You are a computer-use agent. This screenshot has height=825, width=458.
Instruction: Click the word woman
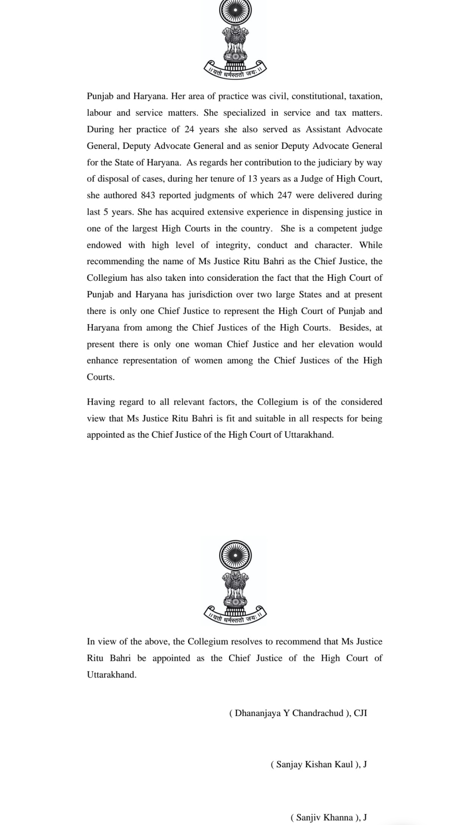(x=208, y=344)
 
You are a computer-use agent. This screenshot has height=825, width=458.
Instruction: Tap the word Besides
(x=355, y=328)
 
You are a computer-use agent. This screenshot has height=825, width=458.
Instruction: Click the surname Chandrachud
(x=318, y=713)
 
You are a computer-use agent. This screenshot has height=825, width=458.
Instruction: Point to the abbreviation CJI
(x=360, y=713)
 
